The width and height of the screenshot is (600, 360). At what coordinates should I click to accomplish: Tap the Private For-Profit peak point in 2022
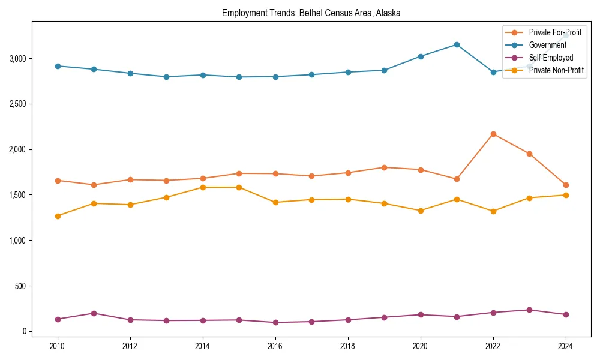pyautogui.click(x=493, y=134)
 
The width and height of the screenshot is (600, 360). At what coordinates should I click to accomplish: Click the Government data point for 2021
pyautogui.click(x=457, y=44)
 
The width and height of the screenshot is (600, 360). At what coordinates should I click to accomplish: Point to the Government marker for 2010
pyautogui.click(x=58, y=66)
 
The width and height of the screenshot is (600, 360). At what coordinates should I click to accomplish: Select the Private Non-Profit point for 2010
pyautogui.click(x=58, y=216)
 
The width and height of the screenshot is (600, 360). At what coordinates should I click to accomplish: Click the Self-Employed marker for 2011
pyautogui.click(x=94, y=313)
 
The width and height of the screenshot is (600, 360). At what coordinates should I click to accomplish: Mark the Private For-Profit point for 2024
pyautogui.click(x=566, y=185)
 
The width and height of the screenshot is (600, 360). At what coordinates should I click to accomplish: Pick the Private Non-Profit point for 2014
pyautogui.click(x=203, y=187)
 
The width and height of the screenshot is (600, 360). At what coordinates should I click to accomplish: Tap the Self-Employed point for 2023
pyautogui.click(x=529, y=310)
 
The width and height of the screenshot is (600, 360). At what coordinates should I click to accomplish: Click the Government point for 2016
pyautogui.click(x=275, y=77)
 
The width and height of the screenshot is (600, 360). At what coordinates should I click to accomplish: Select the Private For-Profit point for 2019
pyautogui.click(x=384, y=167)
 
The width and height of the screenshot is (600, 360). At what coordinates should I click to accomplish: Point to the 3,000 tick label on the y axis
pyautogui.click(x=17, y=59)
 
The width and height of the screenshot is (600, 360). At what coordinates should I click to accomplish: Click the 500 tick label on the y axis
pyautogui.click(x=21, y=286)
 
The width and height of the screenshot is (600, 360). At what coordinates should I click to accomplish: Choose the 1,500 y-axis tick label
pyautogui.click(x=17, y=195)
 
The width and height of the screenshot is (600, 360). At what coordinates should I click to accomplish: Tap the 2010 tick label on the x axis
pyautogui.click(x=58, y=346)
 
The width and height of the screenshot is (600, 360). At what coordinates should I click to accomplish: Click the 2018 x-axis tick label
pyautogui.click(x=348, y=346)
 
